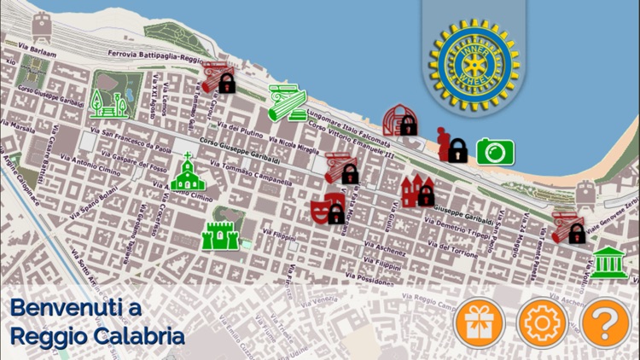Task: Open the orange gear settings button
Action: (543, 322)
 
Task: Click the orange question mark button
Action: (604, 322)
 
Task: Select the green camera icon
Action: (495, 151)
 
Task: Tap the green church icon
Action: (188, 174)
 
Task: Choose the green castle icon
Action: (217, 233)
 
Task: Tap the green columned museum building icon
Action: (608, 262)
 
